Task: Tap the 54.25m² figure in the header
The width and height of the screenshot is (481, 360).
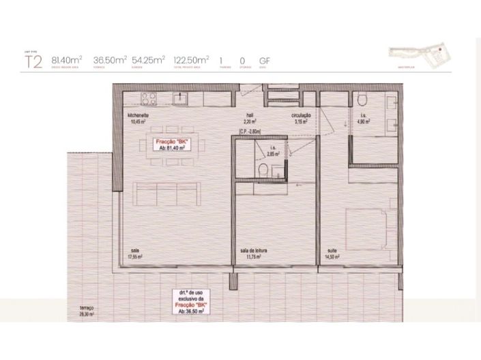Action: point(147,60)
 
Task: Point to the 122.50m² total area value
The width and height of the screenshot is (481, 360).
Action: point(191,60)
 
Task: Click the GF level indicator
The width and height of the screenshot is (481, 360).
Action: point(265,60)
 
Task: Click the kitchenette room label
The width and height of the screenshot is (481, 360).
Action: point(138,115)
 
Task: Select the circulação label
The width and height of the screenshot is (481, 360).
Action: point(302,115)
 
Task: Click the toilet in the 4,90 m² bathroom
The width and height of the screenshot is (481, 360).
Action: point(362,102)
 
